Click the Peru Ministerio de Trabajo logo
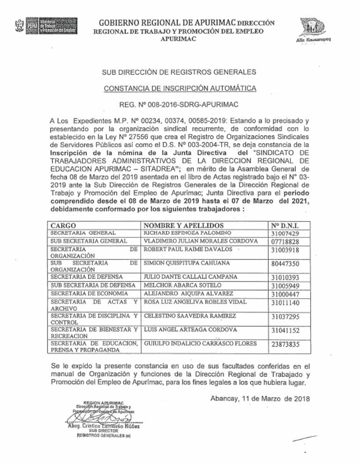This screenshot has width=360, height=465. (45, 26)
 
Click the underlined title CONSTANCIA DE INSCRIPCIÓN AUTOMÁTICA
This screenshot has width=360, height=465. (180, 89)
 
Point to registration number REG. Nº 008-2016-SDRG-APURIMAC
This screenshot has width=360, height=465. (180, 105)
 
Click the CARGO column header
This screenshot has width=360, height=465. (63, 225)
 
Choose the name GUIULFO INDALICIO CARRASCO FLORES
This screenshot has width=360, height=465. (200, 344)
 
